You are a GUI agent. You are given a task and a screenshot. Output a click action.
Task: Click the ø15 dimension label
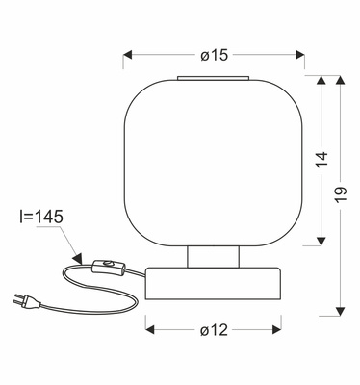215,55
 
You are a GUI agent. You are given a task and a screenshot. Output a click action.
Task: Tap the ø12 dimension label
214,330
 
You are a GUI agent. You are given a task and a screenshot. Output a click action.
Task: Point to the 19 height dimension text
341,194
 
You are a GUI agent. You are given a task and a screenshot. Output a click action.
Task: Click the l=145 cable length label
41,218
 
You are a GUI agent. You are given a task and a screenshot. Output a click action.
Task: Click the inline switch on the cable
108,267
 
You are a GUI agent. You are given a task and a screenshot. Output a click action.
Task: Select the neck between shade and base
213,257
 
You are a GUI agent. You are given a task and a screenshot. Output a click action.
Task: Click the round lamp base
213,284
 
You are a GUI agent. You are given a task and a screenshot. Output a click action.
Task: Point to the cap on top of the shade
213,78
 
